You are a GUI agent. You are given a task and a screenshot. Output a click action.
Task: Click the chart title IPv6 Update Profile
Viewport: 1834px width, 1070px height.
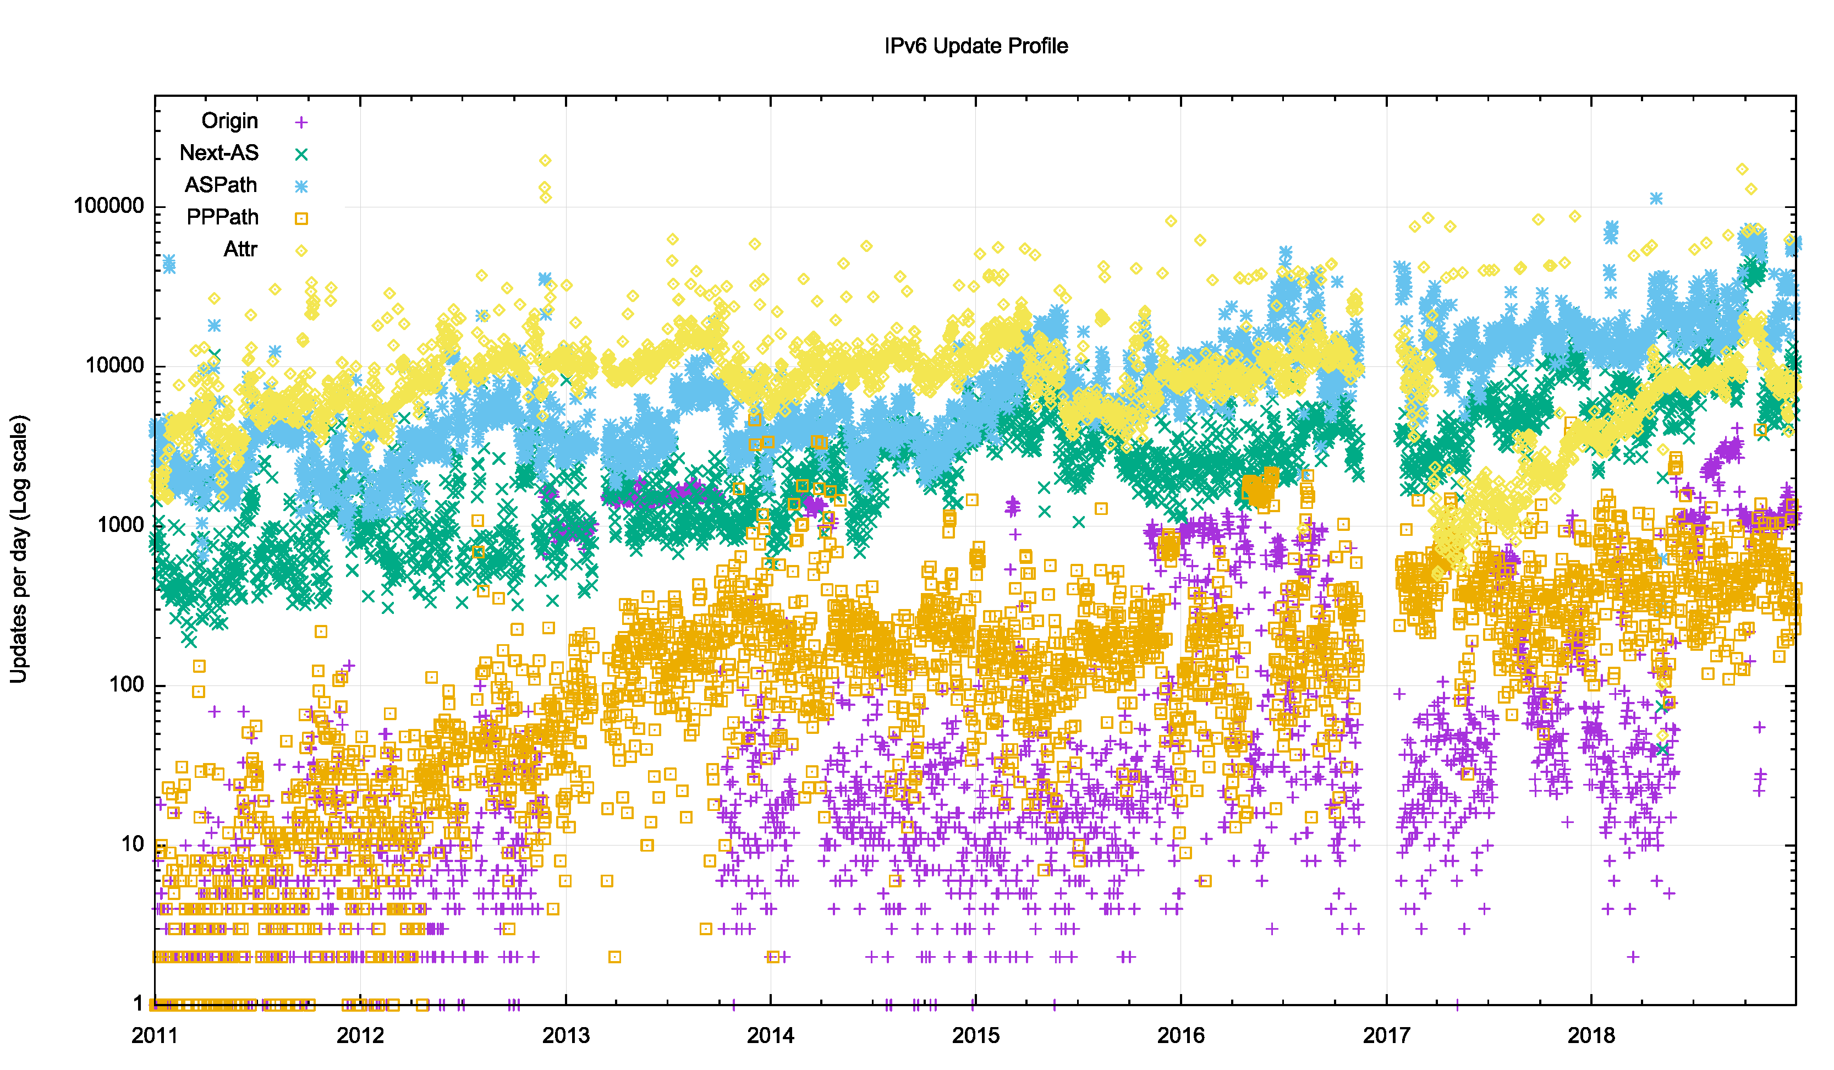point(975,46)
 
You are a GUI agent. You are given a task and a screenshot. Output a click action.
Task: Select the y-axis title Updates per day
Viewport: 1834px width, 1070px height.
point(18,549)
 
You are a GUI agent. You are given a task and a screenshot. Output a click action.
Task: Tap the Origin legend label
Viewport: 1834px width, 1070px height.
point(229,121)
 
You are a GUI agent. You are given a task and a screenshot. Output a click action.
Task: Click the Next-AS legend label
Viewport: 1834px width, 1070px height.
point(218,153)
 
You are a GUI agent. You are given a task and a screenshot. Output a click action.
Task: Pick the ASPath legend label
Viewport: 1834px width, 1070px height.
point(221,185)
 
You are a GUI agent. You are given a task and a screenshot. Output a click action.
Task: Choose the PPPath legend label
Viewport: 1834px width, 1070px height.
point(222,217)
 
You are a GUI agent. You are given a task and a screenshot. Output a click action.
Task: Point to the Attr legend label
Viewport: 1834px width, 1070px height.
point(240,249)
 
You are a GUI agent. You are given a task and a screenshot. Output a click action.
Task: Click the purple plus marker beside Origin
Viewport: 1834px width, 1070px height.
point(300,122)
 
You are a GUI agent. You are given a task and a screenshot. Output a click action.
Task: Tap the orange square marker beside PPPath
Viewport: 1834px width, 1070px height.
point(300,218)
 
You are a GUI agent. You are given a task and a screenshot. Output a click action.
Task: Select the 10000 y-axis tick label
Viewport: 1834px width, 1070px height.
point(115,365)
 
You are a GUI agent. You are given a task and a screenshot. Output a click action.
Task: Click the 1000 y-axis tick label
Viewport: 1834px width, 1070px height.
point(121,525)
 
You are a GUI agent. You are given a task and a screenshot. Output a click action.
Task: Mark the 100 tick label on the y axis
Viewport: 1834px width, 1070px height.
point(127,684)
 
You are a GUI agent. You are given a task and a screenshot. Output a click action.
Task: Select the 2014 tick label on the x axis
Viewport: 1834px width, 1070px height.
point(770,1035)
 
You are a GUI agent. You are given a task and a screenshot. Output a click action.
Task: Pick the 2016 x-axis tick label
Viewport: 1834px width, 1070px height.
point(1180,1035)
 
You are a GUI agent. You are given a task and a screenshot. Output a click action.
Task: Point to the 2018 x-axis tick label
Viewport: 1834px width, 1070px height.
point(1591,1035)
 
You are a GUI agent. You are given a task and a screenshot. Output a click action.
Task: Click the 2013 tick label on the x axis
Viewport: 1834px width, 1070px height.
point(565,1035)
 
